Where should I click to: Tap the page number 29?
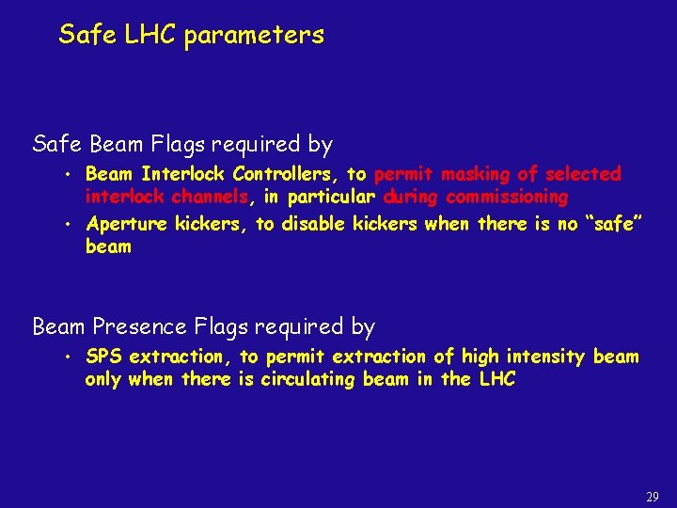click(x=653, y=496)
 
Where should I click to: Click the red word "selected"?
click(x=583, y=174)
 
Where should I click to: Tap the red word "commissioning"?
click(x=508, y=198)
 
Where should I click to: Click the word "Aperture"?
click(x=123, y=224)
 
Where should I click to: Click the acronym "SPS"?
click(x=103, y=357)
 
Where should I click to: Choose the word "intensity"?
click(x=548, y=357)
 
